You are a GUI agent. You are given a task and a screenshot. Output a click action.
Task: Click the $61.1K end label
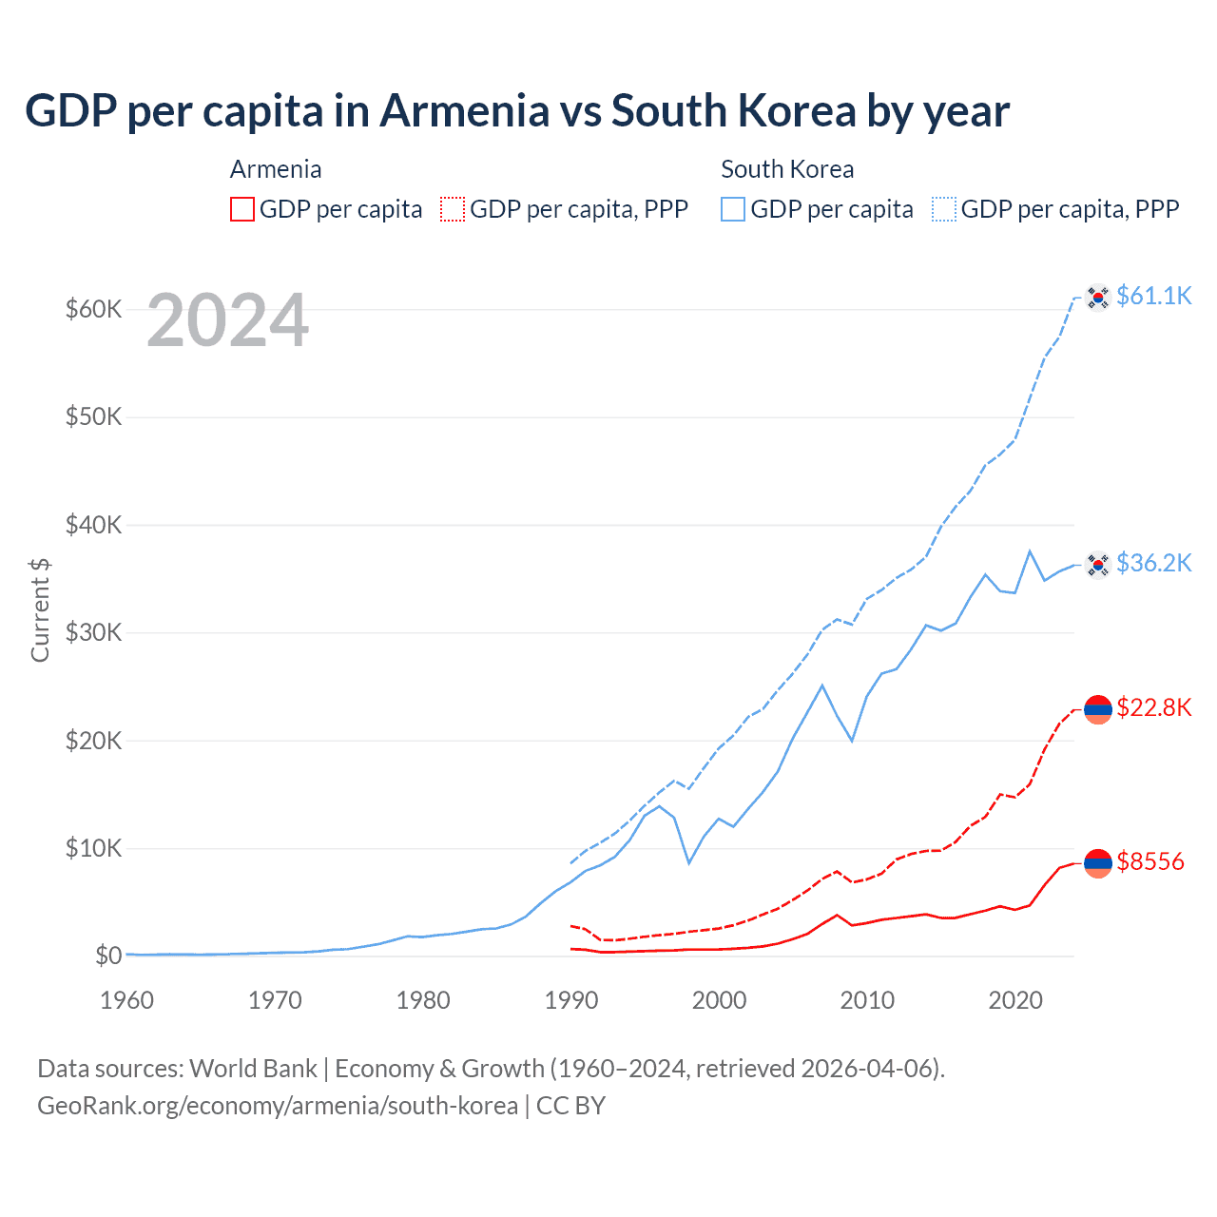point(1153,296)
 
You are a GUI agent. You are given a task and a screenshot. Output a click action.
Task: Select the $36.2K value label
point(1153,563)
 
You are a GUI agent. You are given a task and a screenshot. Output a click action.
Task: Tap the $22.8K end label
point(1153,707)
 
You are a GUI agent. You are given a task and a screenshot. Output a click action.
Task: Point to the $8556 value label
point(1150,861)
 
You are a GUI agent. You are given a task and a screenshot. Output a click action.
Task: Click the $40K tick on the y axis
point(93,525)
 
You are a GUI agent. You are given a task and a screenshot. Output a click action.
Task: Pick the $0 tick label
point(108,956)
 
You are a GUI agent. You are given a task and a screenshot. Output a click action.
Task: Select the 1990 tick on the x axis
point(571,1000)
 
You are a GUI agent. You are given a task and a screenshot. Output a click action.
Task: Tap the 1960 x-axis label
point(126,1000)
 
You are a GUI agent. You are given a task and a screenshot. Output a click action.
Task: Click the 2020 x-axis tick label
point(1015,1000)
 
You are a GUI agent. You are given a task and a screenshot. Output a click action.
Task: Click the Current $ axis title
point(40,609)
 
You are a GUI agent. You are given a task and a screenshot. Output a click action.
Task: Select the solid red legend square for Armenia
point(242,209)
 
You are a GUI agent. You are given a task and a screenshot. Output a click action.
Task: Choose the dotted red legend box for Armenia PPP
point(453,209)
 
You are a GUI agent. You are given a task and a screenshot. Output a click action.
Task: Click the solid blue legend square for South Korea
point(733,209)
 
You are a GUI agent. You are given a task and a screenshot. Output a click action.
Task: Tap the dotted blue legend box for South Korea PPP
point(944,209)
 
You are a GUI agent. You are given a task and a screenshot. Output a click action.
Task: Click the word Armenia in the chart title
point(464,110)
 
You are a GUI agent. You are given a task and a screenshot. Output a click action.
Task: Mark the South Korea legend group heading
point(787,169)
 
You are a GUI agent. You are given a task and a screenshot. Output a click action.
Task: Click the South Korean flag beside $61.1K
point(1098,297)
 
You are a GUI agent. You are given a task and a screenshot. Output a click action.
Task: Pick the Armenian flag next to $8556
point(1098,862)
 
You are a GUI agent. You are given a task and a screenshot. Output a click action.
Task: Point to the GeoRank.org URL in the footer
point(278,1106)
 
